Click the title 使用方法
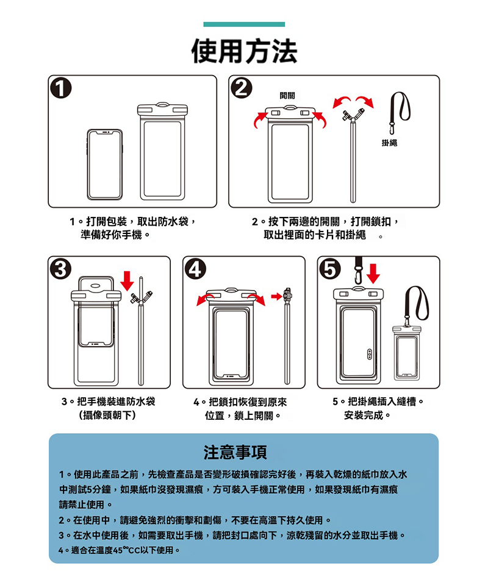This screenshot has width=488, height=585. (244, 51)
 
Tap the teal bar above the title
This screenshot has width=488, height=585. (244, 24)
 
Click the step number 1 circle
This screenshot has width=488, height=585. (62, 89)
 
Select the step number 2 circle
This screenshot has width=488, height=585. (242, 89)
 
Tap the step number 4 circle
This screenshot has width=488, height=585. (196, 269)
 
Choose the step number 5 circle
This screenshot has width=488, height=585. (330, 269)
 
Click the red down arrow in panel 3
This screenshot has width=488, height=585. (127, 281)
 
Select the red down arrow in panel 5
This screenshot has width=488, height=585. (373, 273)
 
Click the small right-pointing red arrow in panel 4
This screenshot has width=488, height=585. (276, 296)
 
